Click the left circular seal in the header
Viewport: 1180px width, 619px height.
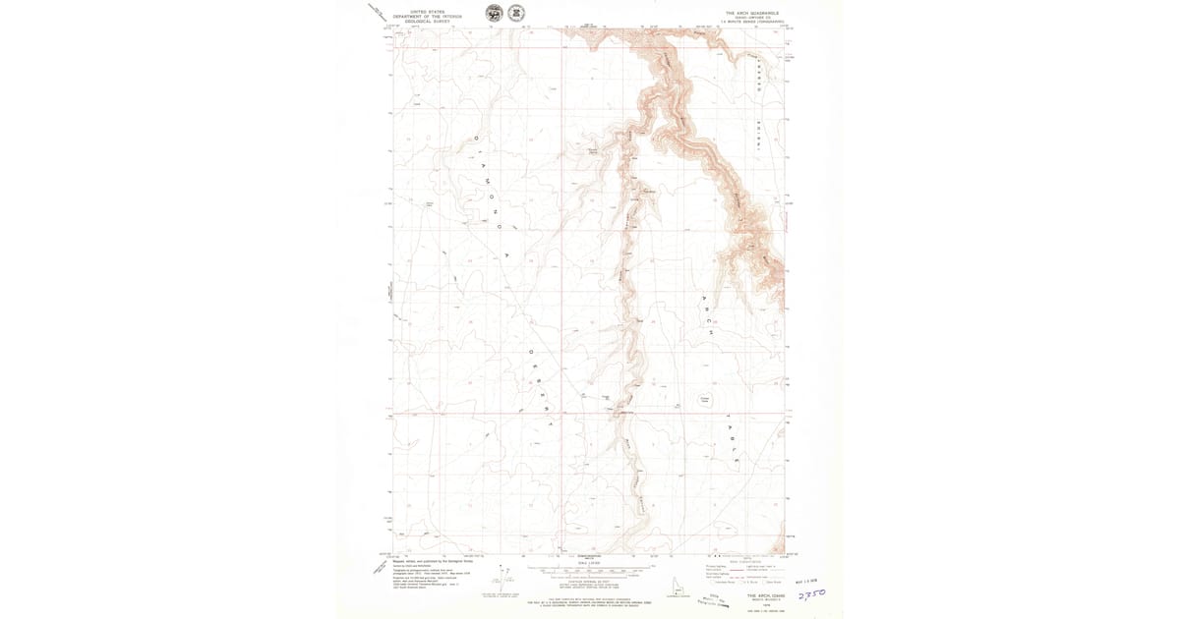click(493, 13)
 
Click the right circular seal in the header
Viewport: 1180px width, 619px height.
click(514, 13)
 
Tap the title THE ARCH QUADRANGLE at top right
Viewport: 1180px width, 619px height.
click(750, 14)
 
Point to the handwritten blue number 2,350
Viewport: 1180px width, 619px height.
click(811, 596)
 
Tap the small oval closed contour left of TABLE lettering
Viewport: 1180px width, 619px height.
click(704, 399)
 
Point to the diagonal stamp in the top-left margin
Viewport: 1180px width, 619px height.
click(378, 13)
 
